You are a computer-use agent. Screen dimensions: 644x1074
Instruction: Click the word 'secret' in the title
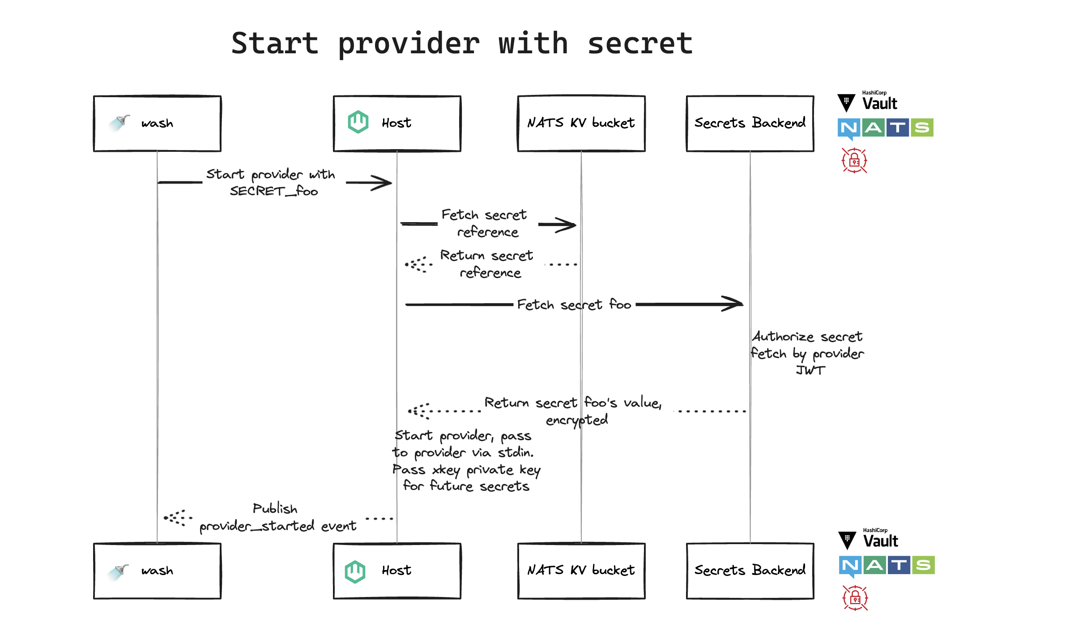point(640,44)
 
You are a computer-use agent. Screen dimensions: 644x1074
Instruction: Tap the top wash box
point(157,124)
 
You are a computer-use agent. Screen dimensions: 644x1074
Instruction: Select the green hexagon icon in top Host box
point(358,122)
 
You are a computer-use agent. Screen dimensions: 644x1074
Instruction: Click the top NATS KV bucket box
point(581,124)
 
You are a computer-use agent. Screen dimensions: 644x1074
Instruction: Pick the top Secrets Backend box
point(750,124)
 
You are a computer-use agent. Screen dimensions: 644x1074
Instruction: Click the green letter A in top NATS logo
point(873,128)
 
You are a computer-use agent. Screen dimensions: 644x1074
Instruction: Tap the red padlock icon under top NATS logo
point(854,160)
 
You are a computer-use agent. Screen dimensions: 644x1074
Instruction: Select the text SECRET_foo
point(274,191)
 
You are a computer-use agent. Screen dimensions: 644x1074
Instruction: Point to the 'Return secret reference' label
point(487,264)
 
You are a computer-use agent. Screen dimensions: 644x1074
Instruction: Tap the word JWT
point(810,370)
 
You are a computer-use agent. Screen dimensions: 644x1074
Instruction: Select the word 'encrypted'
point(576,420)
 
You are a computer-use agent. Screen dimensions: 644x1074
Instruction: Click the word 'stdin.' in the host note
point(516,453)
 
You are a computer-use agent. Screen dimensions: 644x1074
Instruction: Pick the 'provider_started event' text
point(278,526)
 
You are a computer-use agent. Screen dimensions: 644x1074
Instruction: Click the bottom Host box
point(397,571)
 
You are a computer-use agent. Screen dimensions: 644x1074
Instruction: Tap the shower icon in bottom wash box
point(118,571)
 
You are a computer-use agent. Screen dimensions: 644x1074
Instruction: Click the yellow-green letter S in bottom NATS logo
point(923,565)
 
